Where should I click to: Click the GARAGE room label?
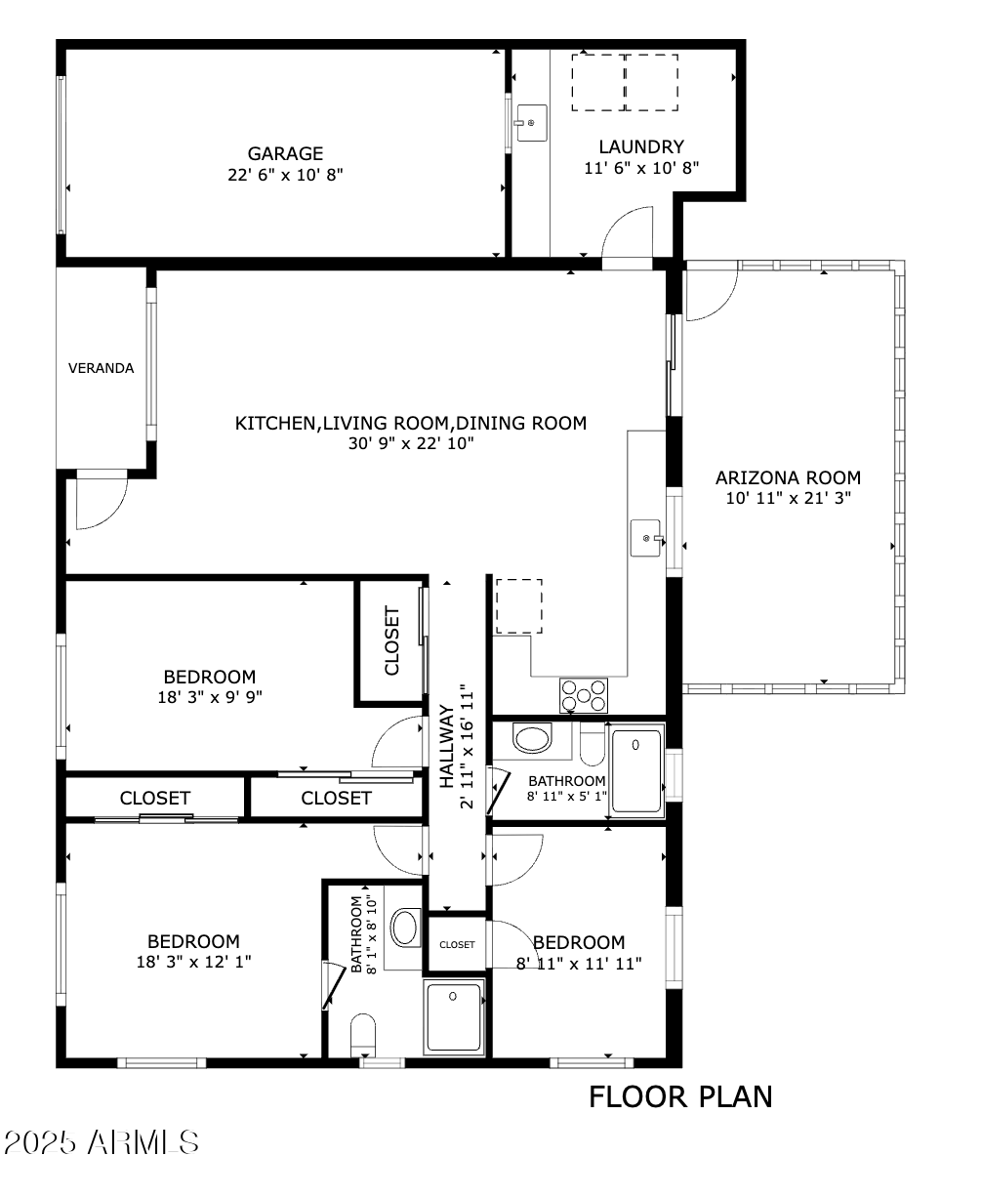285,153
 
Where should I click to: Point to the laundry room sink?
532,123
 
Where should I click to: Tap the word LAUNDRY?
640,146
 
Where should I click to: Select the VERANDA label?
101,368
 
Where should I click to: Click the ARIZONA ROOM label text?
788,477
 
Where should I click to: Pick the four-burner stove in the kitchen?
583,695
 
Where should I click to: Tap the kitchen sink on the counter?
647,538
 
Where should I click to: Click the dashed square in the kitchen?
518,606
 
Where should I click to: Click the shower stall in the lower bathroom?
454,1017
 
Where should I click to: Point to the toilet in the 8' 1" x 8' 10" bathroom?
362,1035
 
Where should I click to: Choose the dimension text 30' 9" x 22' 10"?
410,443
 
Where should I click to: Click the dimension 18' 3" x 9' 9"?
210,696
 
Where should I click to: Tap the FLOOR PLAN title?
680,1096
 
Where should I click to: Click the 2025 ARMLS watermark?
102,1142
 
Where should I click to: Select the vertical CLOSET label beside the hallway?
391,641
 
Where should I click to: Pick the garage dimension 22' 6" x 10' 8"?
285,174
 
